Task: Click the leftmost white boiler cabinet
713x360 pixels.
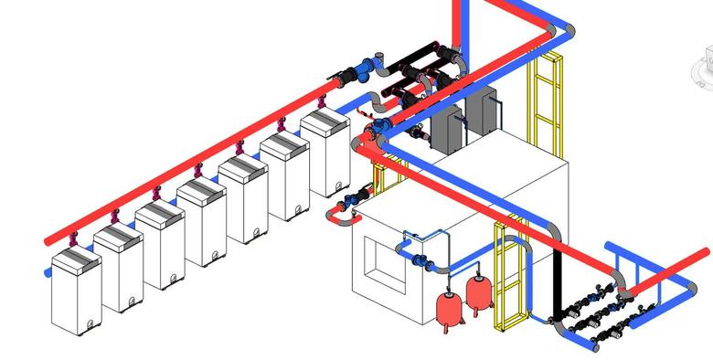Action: (76, 292)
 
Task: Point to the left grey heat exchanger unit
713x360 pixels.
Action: (446, 128)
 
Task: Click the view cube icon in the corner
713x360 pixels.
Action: (704, 69)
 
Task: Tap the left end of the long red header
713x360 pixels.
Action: (48, 240)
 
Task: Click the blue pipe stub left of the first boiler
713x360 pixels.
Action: (47, 272)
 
